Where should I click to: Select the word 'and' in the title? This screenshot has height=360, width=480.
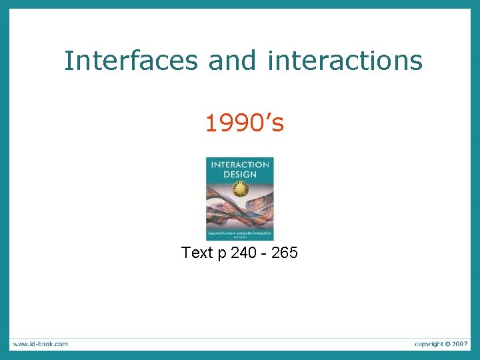click(232, 61)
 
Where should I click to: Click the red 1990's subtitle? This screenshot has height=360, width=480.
click(244, 123)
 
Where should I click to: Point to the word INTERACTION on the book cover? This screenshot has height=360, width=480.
click(240, 165)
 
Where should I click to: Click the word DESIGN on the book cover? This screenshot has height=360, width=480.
click(240, 174)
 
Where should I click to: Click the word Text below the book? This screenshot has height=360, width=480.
click(197, 253)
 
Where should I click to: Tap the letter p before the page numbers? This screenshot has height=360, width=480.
click(221, 254)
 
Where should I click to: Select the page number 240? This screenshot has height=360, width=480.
click(243, 253)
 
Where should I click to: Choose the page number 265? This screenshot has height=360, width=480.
click(285, 253)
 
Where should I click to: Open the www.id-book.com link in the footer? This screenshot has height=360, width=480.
click(39, 344)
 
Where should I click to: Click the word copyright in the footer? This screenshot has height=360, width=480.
click(428, 344)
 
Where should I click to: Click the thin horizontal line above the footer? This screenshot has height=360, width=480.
click(240, 337)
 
